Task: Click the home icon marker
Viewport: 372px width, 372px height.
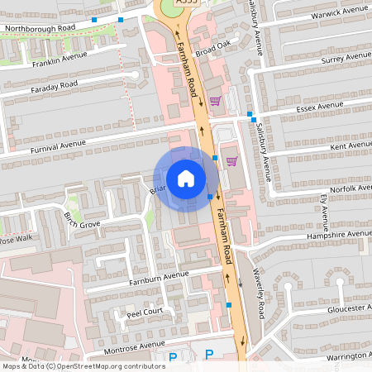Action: click(186, 179)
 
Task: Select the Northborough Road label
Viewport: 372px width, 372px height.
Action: click(40, 27)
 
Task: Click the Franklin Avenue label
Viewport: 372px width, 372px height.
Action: click(60, 60)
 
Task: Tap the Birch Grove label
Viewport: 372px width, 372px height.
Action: click(82, 221)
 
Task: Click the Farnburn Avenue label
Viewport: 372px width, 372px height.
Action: click(159, 278)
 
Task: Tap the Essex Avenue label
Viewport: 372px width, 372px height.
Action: click(318, 107)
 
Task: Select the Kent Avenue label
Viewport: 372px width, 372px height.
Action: click(351, 145)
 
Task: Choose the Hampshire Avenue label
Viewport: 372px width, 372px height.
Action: click(337, 234)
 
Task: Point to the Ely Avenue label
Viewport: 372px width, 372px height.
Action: click(323, 212)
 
